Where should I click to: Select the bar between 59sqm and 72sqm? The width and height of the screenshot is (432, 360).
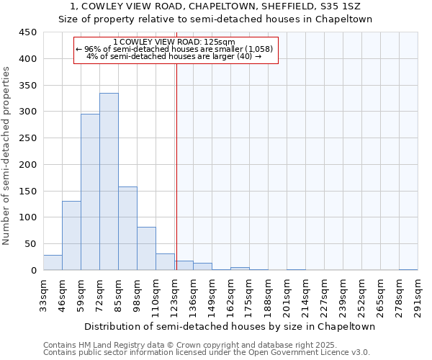tap(90, 192)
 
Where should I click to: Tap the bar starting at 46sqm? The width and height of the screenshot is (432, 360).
tap(71, 235)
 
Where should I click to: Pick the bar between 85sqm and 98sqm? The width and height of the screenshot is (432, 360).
tap(127, 228)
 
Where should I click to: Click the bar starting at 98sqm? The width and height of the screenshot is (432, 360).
tap(146, 248)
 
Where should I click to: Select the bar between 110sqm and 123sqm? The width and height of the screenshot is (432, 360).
tap(165, 262)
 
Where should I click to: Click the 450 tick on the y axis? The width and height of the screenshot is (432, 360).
tap(28, 32)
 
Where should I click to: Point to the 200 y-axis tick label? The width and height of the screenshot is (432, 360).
tap(28, 165)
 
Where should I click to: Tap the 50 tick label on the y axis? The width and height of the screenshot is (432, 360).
tap(31, 244)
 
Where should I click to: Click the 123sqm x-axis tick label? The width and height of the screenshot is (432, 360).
tap(174, 294)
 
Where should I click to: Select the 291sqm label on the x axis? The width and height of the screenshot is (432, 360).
tap(418, 294)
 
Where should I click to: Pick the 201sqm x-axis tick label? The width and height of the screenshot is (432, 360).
tap(287, 294)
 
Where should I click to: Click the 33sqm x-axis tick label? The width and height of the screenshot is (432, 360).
tap(43, 294)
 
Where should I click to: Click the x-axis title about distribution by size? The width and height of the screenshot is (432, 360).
tap(230, 326)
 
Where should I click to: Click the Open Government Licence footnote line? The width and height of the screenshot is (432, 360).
tap(206, 352)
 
